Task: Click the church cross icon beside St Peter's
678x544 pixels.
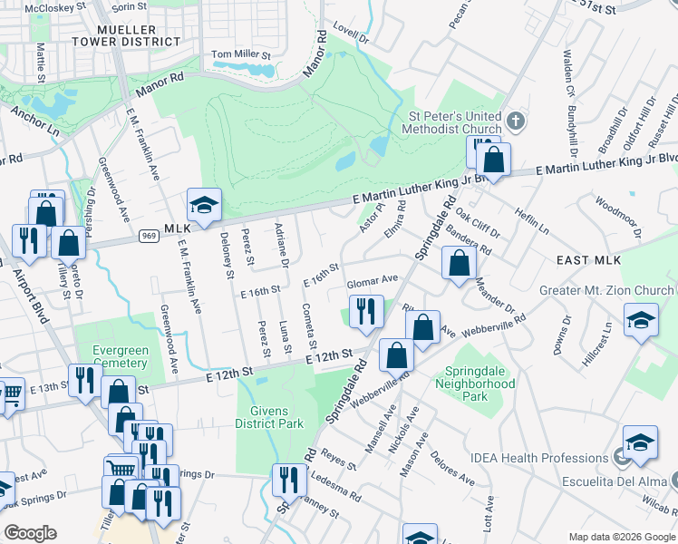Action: pyautogui.click(x=515, y=121)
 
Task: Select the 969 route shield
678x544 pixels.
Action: pyautogui.click(x=150, y=235)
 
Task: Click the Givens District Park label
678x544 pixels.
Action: pyautogui.click(x=266, y=416)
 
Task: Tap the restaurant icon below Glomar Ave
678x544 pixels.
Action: pyautogui.click(x=366, y=310)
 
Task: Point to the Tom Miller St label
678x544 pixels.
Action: pyautogui.click(x=241, y=54)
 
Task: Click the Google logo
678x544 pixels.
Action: pyautogui.click(x=31, y=532)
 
